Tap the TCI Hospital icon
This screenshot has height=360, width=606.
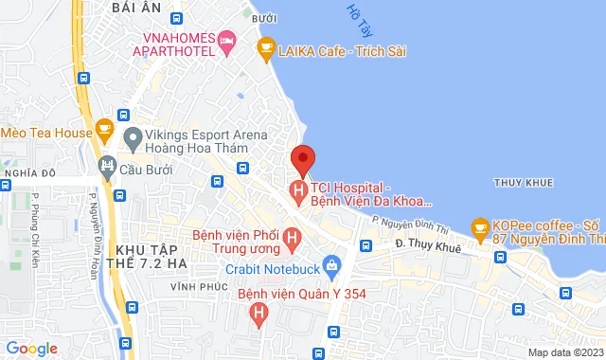pos(300,193)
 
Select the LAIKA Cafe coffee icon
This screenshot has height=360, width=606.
pos(266,45)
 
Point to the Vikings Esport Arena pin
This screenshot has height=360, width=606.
pos(132,141)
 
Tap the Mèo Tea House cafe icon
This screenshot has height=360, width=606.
pos(105,130)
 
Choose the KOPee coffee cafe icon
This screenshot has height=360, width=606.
pos(480,227)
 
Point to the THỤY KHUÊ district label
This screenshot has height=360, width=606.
pos(520,181)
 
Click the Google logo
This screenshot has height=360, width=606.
pos(30,348)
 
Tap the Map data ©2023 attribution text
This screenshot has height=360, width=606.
pos(562,352)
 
